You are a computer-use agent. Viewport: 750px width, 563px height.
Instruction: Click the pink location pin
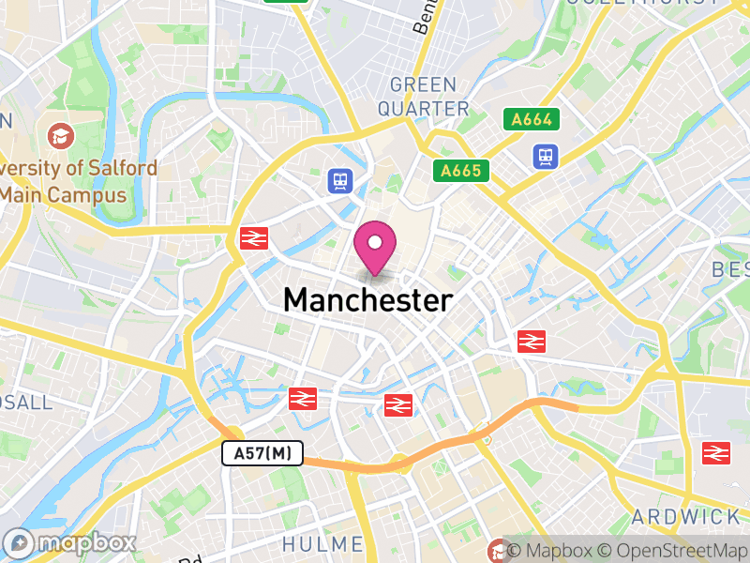tap(375, 246)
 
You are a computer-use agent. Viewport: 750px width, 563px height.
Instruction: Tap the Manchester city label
tap(367, 300)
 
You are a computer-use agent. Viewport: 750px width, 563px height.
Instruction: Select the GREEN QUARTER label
tap(429, 98)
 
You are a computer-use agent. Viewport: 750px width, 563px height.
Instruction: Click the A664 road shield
tap(532, 119)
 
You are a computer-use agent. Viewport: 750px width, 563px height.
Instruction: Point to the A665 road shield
tap(461, 170)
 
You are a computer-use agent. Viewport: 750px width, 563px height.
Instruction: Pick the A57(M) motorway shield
tap(263, 454)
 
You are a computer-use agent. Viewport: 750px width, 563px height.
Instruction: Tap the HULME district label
tap(322, 544)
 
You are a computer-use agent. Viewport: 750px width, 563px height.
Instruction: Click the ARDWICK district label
tap(685, 516)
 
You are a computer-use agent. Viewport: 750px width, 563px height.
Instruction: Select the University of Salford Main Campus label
tap(75, 182)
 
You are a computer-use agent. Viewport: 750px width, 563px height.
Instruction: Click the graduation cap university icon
tap(61, 136)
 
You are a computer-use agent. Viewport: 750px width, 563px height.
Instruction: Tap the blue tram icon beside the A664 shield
tap(545, 156)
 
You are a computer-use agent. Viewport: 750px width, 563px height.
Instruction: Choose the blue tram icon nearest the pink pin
tap(339, 180)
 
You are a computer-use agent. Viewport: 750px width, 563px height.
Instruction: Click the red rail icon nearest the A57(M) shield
tap(302, 399)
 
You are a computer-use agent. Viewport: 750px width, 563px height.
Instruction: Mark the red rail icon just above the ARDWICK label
tap(716, 453)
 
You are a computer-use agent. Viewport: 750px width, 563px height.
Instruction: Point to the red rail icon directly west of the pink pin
tap(251, 237)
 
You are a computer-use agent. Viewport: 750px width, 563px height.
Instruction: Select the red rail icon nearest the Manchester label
tap(398, 404)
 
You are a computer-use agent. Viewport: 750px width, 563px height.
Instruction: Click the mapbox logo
tap(70, 542)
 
